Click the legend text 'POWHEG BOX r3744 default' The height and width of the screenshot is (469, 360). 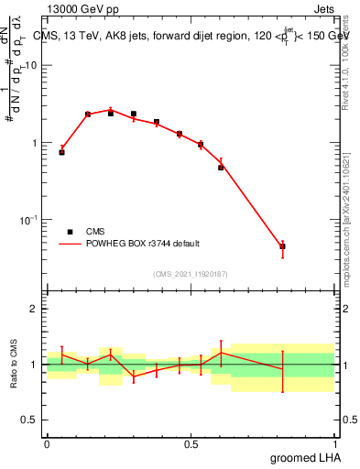point(143,244)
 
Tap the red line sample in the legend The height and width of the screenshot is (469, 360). point(70,244)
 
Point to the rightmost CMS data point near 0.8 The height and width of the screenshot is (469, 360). point(282,246)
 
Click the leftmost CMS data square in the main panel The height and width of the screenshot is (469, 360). point(61,152)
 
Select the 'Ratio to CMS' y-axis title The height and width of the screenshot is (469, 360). point(15,364)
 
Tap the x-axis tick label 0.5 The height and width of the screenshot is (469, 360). point(191,444)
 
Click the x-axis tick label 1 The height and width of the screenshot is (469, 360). point(335,444)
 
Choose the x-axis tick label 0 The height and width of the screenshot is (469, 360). point(47,444)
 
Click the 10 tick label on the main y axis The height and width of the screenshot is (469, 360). point(31,66)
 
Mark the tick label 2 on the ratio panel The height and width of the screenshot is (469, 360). point(35,309)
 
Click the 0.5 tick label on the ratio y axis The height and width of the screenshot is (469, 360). point(30,420)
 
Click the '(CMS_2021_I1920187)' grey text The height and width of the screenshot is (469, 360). point(191,273)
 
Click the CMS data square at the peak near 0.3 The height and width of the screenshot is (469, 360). point(134,115)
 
